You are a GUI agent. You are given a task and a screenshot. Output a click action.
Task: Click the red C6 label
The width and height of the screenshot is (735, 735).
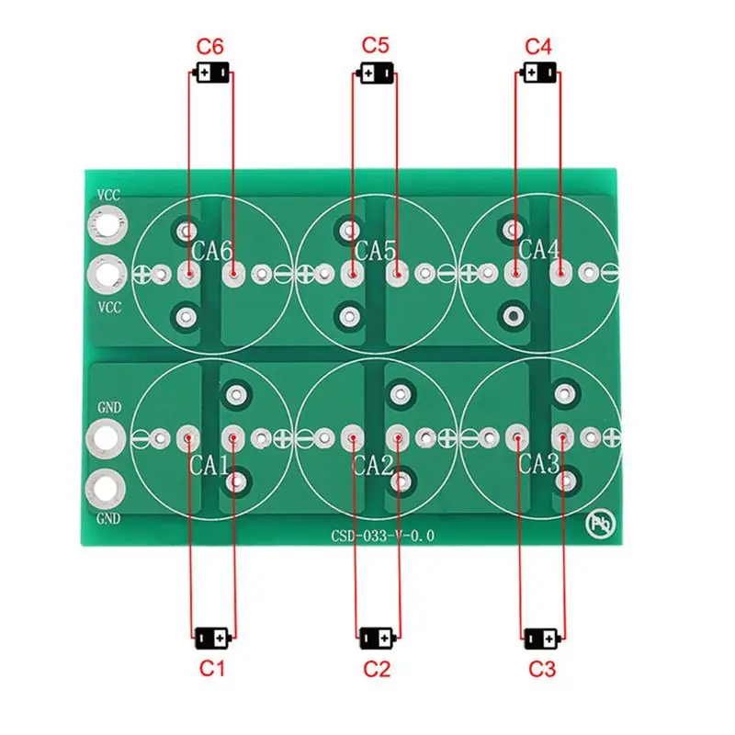click(x=210, y=47)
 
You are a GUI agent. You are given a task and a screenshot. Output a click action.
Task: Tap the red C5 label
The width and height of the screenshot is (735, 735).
click(x=376, y=45)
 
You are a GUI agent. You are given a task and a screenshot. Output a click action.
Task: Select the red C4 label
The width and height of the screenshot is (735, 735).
click(x=538, y=46)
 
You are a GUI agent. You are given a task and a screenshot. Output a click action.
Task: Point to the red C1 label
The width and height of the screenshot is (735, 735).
click(x=212, y=669)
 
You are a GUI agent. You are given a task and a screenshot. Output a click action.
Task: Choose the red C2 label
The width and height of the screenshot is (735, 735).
click(x=377, y=669)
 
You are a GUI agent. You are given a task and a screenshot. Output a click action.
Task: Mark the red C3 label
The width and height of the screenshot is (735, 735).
click(x=542, y=669)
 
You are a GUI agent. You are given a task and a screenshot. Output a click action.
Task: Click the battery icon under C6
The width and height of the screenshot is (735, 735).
click(x=210, y=73)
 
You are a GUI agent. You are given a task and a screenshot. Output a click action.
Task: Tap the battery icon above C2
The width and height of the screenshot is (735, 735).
click(x=377, y=636)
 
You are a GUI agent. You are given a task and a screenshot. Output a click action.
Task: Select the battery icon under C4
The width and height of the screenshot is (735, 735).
click(x=538, y=73)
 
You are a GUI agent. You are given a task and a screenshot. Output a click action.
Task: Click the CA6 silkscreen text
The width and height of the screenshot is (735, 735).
click(x=212, y=250)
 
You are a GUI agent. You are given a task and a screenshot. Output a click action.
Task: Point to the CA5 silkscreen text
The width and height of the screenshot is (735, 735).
click(x=376, y=250)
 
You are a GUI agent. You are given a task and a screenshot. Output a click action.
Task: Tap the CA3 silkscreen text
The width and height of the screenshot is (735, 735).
click(x=539, y=463)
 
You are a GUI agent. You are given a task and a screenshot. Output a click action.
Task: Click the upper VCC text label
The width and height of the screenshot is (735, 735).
click(x=108, y=196)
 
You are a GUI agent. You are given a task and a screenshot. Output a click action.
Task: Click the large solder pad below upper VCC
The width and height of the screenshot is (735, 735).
click(x=107, y=225)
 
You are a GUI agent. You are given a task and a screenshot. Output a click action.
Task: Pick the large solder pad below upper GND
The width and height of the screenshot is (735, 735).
click(x=107, y=437)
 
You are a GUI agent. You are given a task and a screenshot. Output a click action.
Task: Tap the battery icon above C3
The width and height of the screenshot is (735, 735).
click(x=539, y=636)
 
